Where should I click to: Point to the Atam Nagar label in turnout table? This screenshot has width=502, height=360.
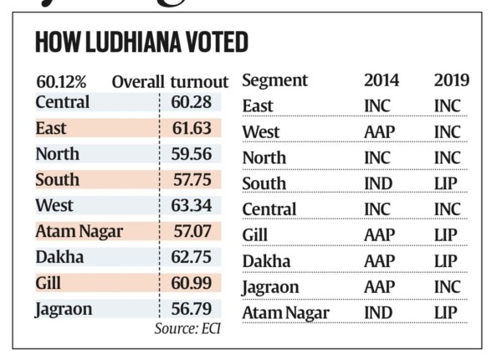(79, 232)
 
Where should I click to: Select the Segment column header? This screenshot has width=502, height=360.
(274, 81)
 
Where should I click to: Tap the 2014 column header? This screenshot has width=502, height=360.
(382, 81)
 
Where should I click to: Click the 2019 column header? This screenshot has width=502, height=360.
(451, 81)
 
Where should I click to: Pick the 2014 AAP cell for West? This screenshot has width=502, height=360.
(381, 132)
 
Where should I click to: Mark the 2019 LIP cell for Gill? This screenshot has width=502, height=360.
(446, 235)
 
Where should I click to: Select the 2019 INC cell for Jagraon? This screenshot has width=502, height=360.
(447, 287)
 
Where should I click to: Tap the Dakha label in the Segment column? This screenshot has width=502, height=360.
(266, 261)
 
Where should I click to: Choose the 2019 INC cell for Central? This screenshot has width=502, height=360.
(447, 209)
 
